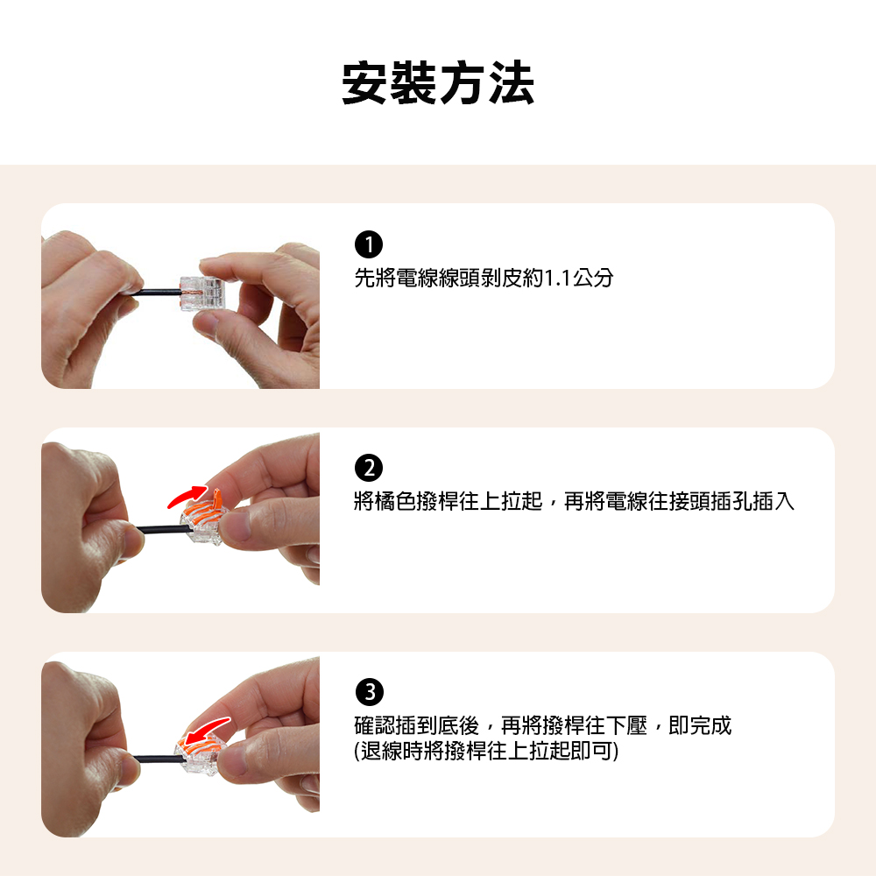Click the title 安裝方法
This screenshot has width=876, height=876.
pos(438,83)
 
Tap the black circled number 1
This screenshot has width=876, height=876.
pos(369,244)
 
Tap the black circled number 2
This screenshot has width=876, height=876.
pos(369,468)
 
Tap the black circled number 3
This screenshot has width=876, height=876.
pos(370,692)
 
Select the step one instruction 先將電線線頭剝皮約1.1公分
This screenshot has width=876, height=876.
pos(484,278)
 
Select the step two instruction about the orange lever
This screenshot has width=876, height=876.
pos(575,501)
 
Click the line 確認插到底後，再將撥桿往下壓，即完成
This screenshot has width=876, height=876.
pos(543,725)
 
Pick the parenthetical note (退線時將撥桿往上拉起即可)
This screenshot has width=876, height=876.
pos(486,751)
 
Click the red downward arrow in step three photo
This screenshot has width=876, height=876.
pos(207,731)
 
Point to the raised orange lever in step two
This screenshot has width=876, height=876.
pos(217,498)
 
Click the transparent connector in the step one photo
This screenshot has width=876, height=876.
pos(201,293)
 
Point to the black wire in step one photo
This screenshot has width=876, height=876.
pos(158,292)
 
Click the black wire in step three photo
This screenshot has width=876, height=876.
pos(157,759)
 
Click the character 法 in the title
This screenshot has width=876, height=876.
pos(512,83)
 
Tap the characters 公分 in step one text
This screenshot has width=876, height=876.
pos(593,278)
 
